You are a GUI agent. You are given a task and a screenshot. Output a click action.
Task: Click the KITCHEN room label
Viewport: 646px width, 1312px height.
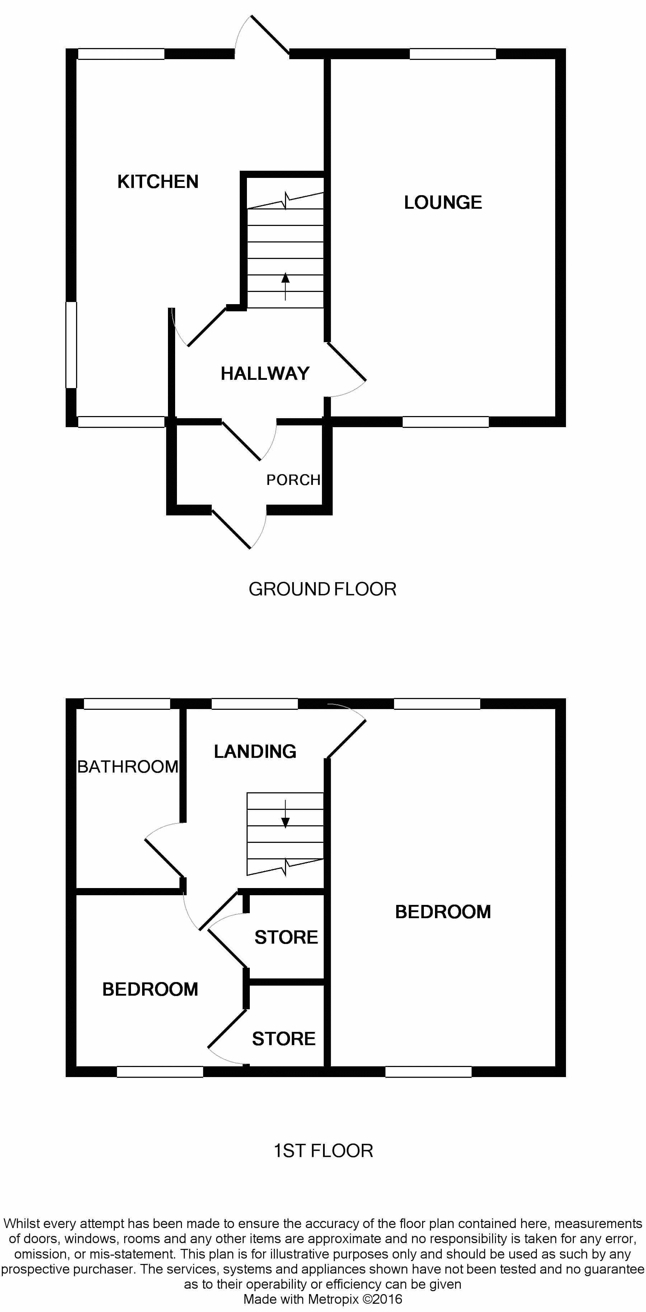(x=158, y=182)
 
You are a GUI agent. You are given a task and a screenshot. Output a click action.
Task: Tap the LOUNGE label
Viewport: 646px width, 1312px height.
(x=443, y=203)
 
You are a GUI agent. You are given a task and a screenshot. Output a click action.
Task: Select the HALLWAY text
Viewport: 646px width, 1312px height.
(x=265, y=374)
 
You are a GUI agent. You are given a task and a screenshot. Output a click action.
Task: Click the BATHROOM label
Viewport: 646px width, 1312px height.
(x=128, y=766)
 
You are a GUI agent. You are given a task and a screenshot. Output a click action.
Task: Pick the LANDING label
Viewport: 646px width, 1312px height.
(x=255, y=752)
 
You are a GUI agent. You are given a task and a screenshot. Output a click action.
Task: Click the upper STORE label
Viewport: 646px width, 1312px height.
(x=286, y=937)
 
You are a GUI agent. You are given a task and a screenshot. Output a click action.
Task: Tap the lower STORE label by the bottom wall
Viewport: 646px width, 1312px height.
(x=284, y=1038)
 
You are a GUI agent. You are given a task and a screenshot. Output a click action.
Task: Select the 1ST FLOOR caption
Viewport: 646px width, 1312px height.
(x=323, y=1151)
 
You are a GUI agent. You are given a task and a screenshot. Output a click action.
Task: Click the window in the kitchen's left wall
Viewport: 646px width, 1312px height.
(x=71, y=345)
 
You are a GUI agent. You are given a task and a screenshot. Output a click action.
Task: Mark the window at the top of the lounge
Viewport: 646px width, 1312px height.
(x=453, y=54)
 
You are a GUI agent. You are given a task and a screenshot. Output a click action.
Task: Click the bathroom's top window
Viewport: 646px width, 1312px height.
(x=126, y=704)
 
